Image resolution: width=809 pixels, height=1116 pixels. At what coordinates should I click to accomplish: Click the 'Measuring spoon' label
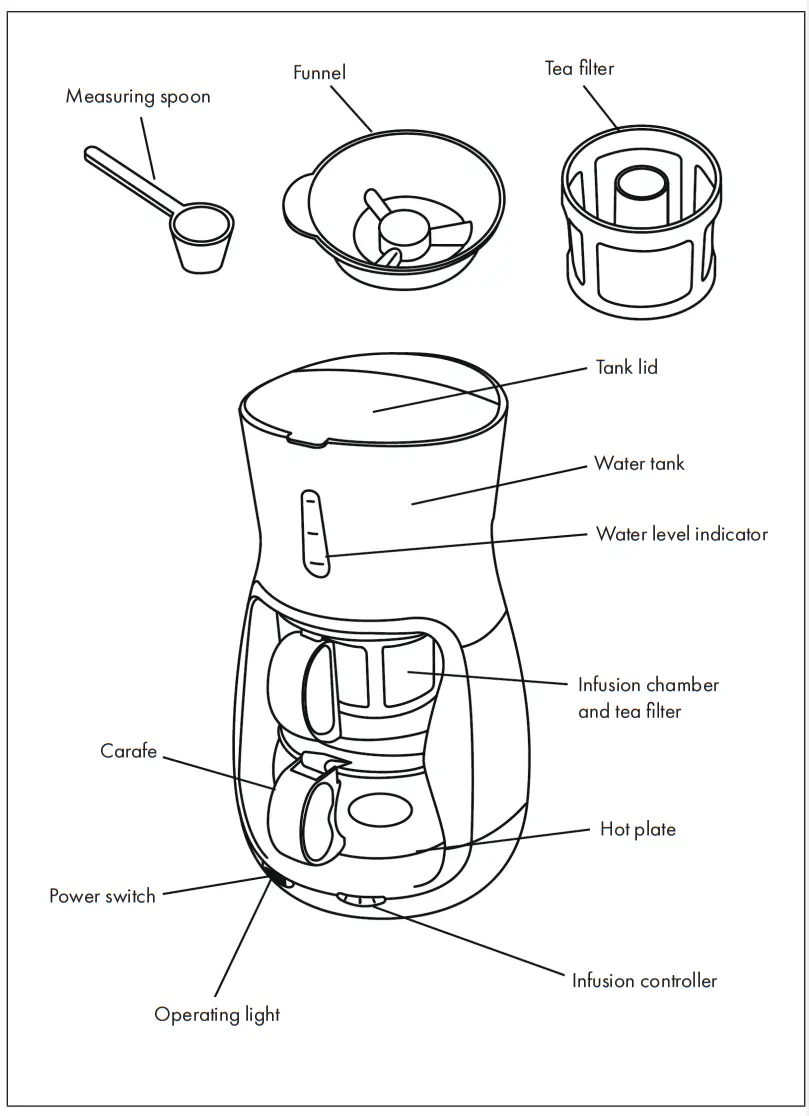138,97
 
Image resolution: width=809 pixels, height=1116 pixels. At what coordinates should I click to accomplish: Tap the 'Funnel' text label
319,73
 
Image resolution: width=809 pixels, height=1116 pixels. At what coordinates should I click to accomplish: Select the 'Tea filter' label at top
579,68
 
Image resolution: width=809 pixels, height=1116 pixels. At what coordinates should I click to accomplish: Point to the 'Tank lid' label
627,367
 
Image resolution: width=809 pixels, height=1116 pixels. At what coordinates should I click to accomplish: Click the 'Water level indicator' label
682,533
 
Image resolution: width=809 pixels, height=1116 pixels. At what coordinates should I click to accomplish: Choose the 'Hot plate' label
637,829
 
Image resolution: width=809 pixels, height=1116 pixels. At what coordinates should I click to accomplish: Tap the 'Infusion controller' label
644,980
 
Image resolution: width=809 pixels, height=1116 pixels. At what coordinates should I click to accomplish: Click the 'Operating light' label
217,1014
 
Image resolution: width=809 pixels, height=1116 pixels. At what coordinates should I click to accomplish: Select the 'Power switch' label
102,895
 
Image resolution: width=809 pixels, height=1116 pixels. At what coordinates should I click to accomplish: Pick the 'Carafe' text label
128,751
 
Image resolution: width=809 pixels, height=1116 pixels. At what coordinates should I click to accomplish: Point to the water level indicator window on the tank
313,534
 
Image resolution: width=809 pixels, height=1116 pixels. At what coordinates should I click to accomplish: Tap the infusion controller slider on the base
362,899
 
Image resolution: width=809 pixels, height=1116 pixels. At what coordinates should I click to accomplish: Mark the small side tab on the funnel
294,200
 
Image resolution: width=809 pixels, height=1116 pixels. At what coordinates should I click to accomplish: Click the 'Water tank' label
639,463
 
